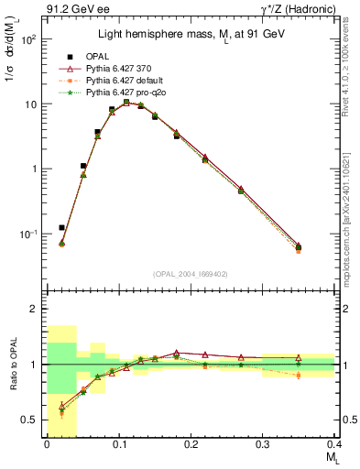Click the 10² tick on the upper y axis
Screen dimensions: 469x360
click(31, 40)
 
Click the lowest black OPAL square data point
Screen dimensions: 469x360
click(61, 227)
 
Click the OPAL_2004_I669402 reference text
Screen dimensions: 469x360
click(190, 273)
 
